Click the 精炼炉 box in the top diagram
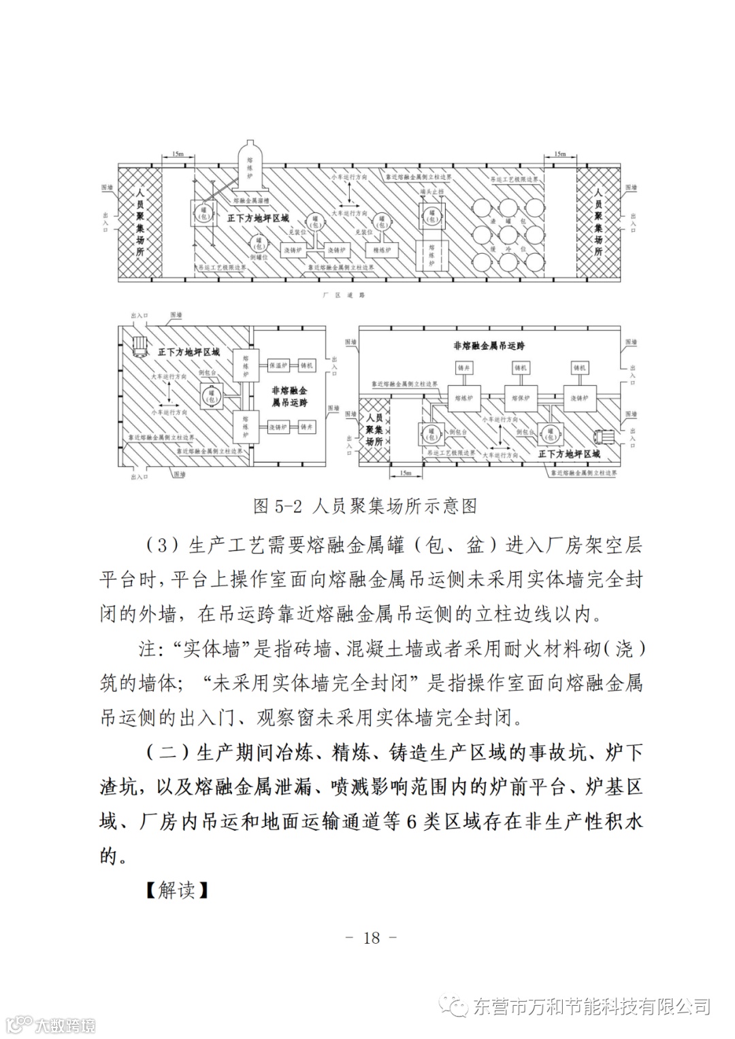tap(383, 250)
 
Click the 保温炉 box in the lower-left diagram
tap(278, 365)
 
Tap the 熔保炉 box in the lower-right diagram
tap(521, 398)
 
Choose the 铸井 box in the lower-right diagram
tap(463, 367)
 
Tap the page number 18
tap(371, 938)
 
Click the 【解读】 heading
tap(176, 889)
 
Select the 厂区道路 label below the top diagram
tap(344, 295)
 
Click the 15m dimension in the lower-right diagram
tap(406, 472)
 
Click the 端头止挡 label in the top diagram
tap(431, 193)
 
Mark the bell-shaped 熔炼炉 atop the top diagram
tap(248, 167)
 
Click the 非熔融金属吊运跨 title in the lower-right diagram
tap(489, 346)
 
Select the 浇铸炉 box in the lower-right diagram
tap(580, 398)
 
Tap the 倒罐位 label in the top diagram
tap(260, 258)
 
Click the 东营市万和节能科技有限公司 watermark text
tap(591, 1006)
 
